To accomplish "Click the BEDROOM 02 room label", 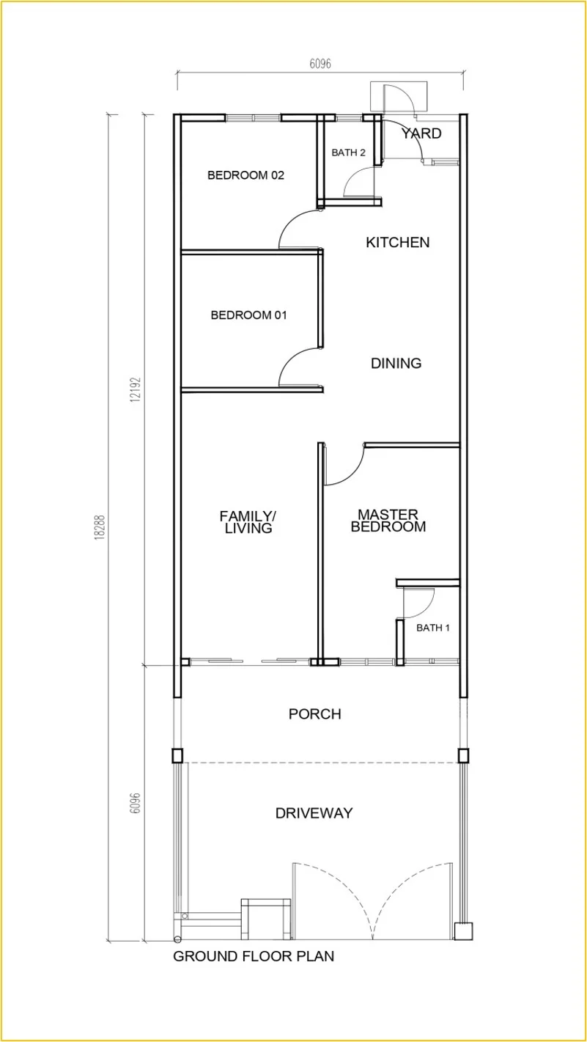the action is [x=245, y=175].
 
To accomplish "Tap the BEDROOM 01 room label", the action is [x=248, y=315].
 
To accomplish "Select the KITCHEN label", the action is [x=397, y=243].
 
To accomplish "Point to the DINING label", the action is [x=396, y=363].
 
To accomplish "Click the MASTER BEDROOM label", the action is [x=388, y=521].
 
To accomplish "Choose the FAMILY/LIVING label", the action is [x=248, y=522].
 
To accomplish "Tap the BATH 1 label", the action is [x=432, y=628].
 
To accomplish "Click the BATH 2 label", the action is [x=348, y=152].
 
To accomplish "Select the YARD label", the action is [x=421, y=133].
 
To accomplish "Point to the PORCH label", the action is [x=314, y=713].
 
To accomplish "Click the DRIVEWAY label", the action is [x=314, y=812].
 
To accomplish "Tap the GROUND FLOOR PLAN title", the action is [x=254, y=956].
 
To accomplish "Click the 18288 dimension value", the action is [x=100, y=526].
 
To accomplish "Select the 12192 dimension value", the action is [x=136, y=389].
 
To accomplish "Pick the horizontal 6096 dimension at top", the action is [x=320, y=63].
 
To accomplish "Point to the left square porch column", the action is [x=177, y=755].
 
